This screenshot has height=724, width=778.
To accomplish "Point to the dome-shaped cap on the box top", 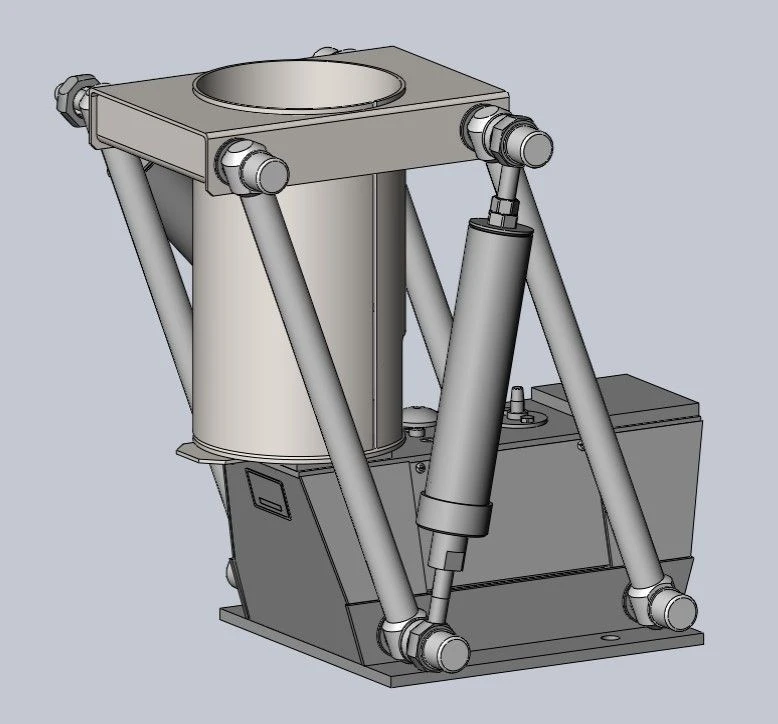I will (x=416, y=418).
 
